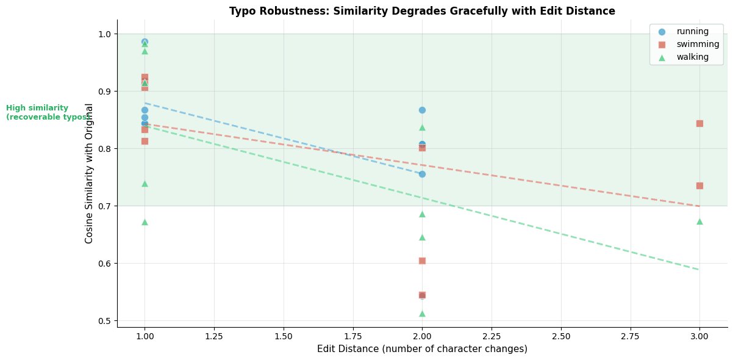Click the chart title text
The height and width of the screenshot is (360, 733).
(422, 11)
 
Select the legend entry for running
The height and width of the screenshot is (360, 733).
(692, 32)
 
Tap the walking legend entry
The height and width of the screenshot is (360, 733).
(692, 57)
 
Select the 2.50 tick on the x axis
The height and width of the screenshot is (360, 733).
(560, 336)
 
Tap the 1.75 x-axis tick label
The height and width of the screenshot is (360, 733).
(352, 336)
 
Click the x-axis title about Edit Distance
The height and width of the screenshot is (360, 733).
(422, 349)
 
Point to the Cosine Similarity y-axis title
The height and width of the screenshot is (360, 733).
(90, 173)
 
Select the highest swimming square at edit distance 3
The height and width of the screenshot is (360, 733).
(699, 123)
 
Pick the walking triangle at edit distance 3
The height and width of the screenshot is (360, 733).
(699, 221)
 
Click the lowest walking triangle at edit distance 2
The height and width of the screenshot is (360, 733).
(422, 314)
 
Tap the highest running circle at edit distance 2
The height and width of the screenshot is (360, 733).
(422, 110)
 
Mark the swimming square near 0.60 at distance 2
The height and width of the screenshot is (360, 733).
(422, 261)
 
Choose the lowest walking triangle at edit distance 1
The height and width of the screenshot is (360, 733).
(145, 222)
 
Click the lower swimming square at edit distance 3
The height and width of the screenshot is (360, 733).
(699, 185)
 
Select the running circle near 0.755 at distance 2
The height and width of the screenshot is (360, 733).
(422, 174)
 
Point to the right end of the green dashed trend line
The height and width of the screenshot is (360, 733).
(699, 270)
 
